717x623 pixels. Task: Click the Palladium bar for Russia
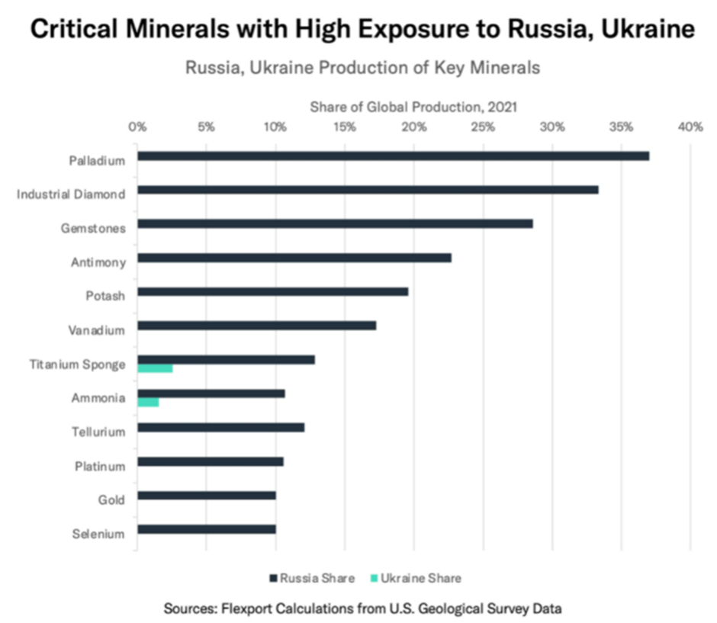tap(393, 156)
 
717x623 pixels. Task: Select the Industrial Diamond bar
tap(368, 190)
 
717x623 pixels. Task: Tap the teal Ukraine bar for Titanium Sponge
tap(155, 368)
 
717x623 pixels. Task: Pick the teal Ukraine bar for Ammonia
tap(148, 402)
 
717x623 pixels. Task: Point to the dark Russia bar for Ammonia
tap(211, 393)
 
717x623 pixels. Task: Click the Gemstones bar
tap(335, 224)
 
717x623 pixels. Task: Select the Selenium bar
tap(207, 529)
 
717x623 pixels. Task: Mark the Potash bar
tap(272, 291)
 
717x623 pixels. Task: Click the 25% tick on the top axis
tap(483, 127)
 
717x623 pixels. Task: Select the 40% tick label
tap(690, 127)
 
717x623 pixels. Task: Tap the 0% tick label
tap(137, 127)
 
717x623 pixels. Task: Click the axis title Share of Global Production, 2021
tap(414, 108)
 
